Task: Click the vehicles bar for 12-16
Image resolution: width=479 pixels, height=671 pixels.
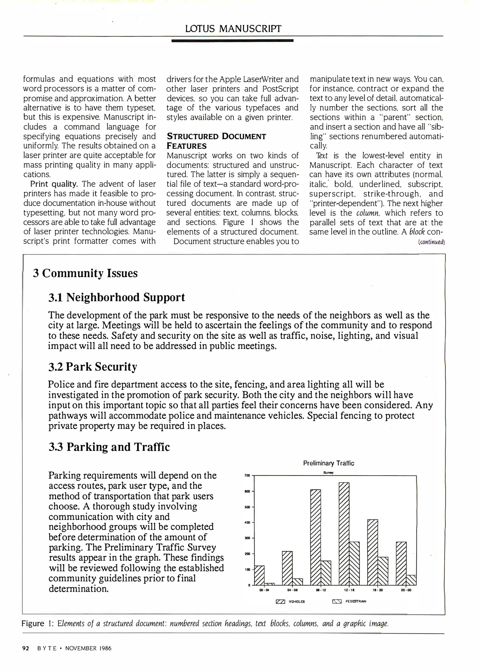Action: coord(344,533)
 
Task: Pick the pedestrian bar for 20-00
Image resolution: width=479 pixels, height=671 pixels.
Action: coord(411,580)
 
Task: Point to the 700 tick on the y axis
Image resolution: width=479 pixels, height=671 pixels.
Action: coord(247,476)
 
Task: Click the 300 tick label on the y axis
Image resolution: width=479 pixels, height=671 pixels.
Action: coord(247,538)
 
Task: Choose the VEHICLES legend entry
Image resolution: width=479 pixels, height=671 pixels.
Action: coord(290,601)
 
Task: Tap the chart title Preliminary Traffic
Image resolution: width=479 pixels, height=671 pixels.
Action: coord(329,463)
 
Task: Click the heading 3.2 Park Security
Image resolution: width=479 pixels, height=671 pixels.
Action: coord(93,367)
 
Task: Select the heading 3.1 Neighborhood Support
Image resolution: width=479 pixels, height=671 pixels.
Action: coord(117,297)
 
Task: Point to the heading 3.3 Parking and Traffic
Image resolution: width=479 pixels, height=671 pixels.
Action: coord(109,447)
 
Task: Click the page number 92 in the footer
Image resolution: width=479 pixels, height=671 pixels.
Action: coord(25,648)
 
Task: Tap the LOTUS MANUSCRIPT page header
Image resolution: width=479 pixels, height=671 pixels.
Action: coord(233,29)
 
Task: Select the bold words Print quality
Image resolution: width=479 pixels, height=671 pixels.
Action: coord(54,184)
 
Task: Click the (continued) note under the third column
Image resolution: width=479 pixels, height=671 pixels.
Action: coord(431,242)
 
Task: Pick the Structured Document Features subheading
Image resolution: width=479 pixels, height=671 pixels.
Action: coord(216,141)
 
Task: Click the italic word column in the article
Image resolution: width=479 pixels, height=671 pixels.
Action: coord(368,213)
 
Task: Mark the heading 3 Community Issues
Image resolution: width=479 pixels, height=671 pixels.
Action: coord(85,273)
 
